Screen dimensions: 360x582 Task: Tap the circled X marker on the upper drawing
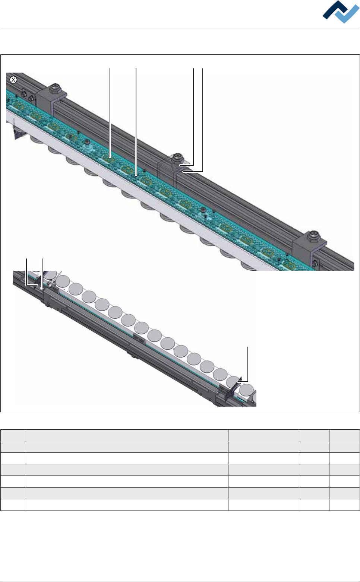tap(13, 80)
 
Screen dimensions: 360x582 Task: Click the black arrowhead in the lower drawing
tap(240, 379)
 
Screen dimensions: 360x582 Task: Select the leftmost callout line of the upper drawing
tap(110, 112)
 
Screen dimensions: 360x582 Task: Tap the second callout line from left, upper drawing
tap(136, 119)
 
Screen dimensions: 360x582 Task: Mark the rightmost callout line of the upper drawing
tap(202, 119)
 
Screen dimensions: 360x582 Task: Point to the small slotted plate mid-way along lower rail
tap(139, 339)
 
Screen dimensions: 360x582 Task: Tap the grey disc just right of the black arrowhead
tap(246, 389)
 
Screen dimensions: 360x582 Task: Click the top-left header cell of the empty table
tap(13, 435)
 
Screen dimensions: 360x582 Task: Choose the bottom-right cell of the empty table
tap(344, 505)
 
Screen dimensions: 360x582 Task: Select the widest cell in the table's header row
tap(127, 435)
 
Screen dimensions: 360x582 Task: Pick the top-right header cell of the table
tap(344, 435)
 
